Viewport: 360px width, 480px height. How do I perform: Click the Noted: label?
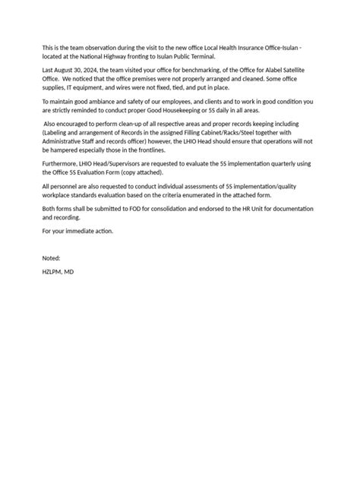[51, 258]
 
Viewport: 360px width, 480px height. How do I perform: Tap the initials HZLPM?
[53, 271]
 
